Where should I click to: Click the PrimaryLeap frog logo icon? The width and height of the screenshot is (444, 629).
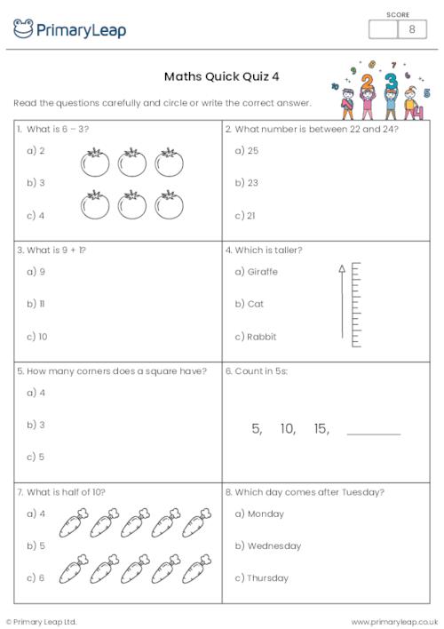[x=23, y=28]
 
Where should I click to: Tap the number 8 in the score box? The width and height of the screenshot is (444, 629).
[x=411, y=29]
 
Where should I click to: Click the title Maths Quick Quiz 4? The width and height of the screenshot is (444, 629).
[x=221, y=76]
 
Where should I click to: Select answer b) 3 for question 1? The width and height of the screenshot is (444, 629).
[x=36, y=183]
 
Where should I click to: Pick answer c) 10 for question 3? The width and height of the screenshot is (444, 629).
[x=37, y=337]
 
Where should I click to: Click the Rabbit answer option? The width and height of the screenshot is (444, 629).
[x=256, y=337]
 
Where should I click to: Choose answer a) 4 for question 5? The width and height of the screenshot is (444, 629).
[x=36, y=393]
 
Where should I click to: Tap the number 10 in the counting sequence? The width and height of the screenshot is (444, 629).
[x=288, y=429]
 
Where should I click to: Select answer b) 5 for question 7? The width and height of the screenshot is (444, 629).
[x=36, y=545]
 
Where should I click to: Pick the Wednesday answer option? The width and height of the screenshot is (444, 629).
[x=267, y=545]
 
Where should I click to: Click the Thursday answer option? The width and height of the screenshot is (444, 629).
[x=262, y=578]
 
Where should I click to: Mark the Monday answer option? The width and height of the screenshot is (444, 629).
[x=259, y=514]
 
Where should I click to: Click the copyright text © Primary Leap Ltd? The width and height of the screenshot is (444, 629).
[x=42, y=621]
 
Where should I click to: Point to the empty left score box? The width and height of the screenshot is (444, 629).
[x=383, y=29]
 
